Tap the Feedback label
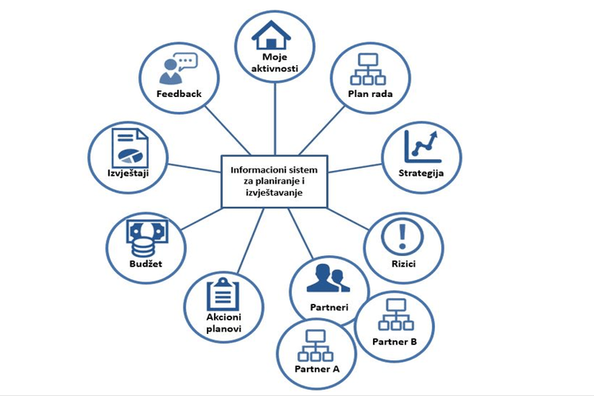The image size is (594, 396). pyautogui.click(x=179, y=93)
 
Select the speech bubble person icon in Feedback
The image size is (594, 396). pyautogui.click(x=177, y=68)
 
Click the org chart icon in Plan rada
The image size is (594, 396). pyautogui.click(x=368, y=69)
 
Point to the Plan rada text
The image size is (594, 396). pyautogui.click(x=370, y=95)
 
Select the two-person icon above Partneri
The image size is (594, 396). pyautogui.click(x=328, y=278)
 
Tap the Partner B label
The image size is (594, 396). pyautogui.click(x=394, y=342)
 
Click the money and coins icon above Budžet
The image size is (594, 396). pyautogui.click(x=146, y=237)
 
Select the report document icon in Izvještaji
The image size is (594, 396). pyautogui.click(x=127, y=146)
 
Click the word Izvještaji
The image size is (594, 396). pyautogui.click(x=128, y=172)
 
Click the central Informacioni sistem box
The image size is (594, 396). pyautogui.click(x=273, y=181)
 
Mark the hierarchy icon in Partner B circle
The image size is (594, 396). pyautogui.click(x=394, y=316)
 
